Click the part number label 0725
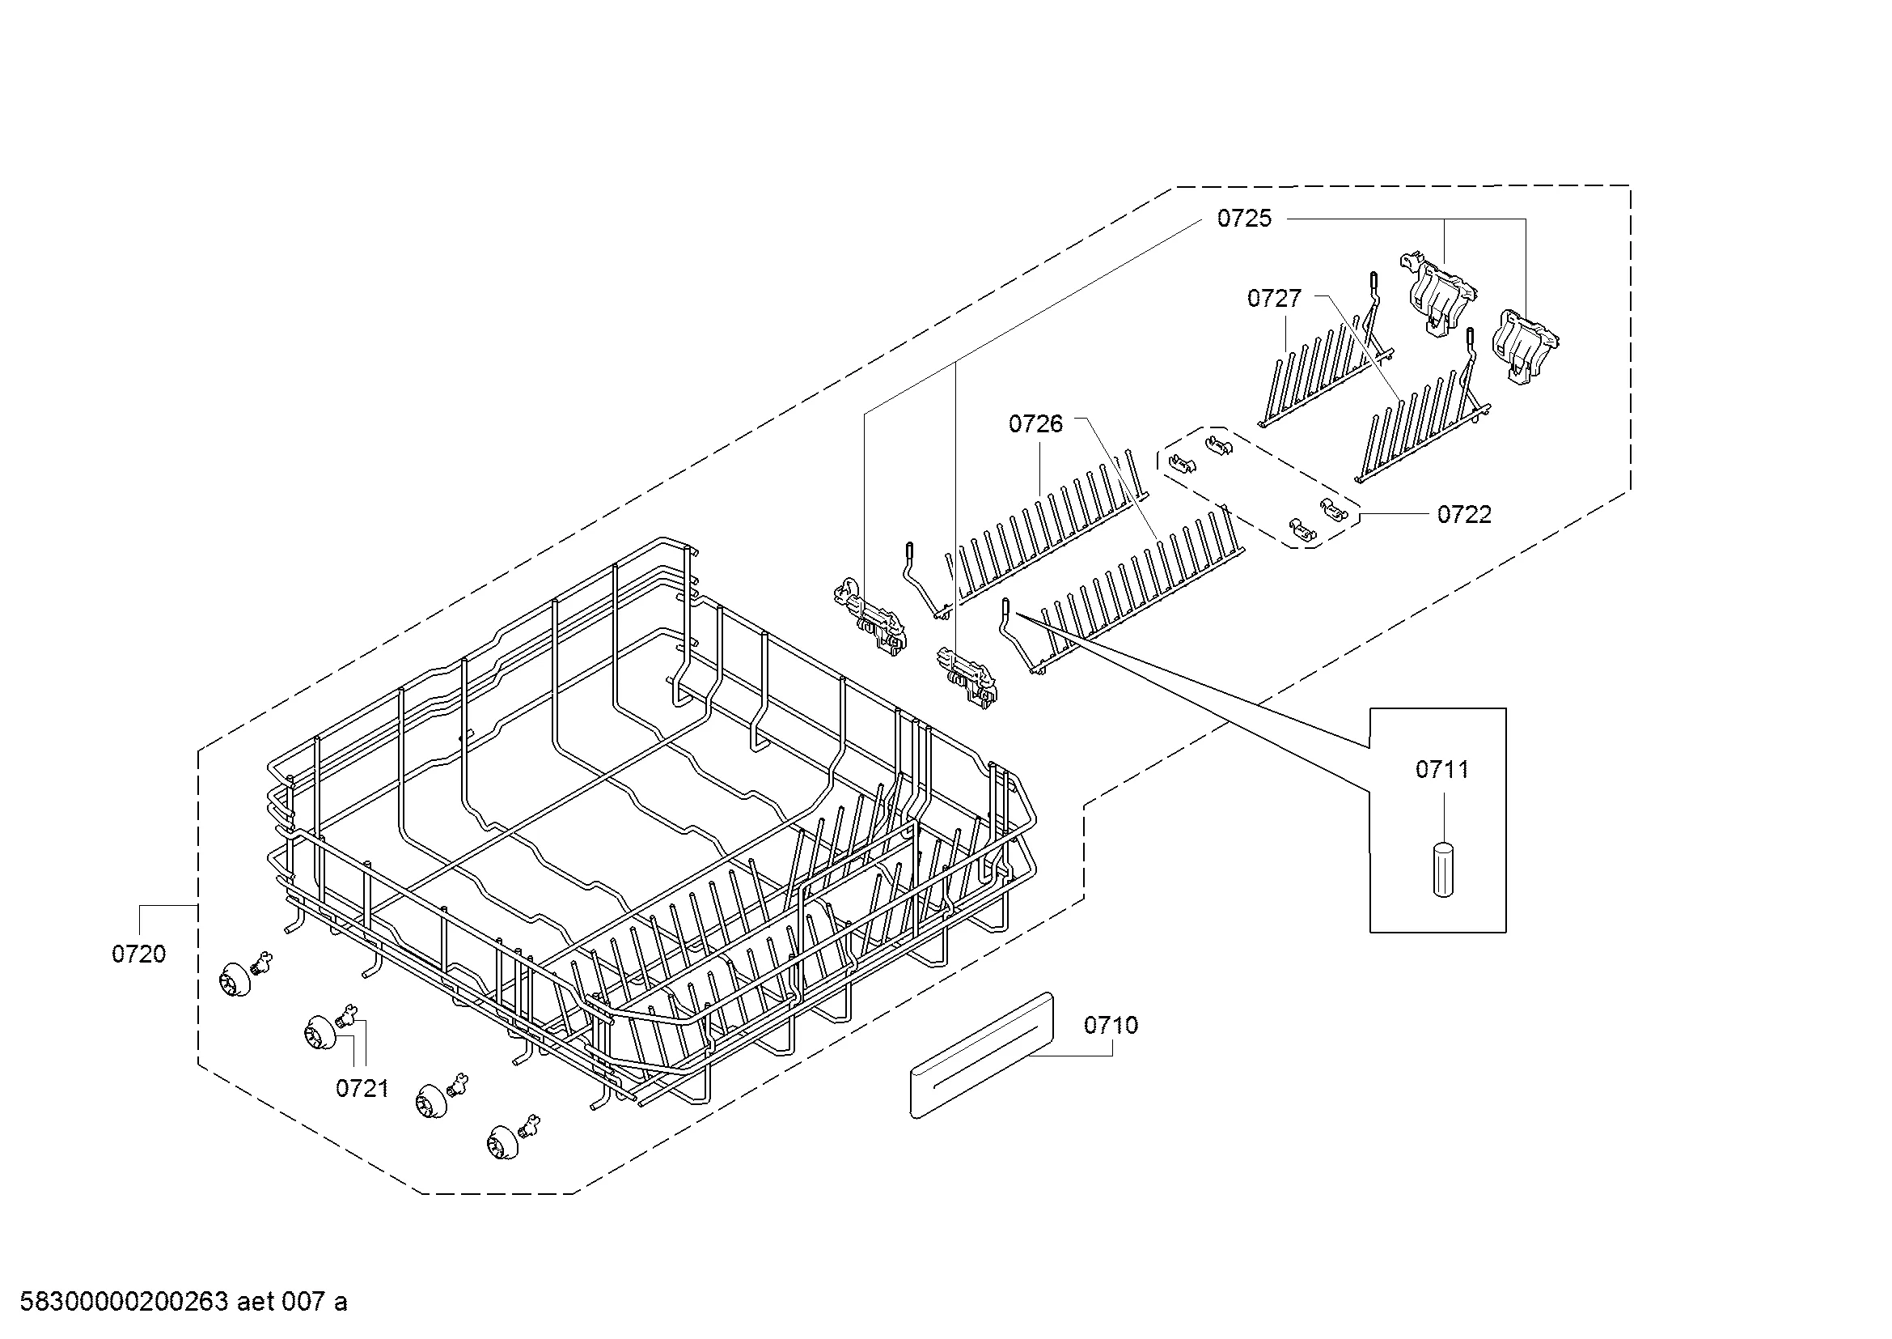coord(1244,219)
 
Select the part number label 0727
coord(1274,299)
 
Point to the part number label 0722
coord(1464,515)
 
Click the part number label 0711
coord(1442,769)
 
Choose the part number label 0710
coord(1111,1025)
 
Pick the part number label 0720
coord(138,954)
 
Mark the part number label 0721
coord(362,1088)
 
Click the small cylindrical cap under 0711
coord(1442,869)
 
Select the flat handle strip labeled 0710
coord(981,1056)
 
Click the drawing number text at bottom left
coord(183,1302)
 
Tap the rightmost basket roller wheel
coord(503,1141)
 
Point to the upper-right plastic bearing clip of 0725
coord(1527,345)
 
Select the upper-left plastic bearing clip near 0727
coord(1438,293)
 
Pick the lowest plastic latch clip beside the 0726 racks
coord(967,678)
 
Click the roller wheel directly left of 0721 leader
coord(320,1032)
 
